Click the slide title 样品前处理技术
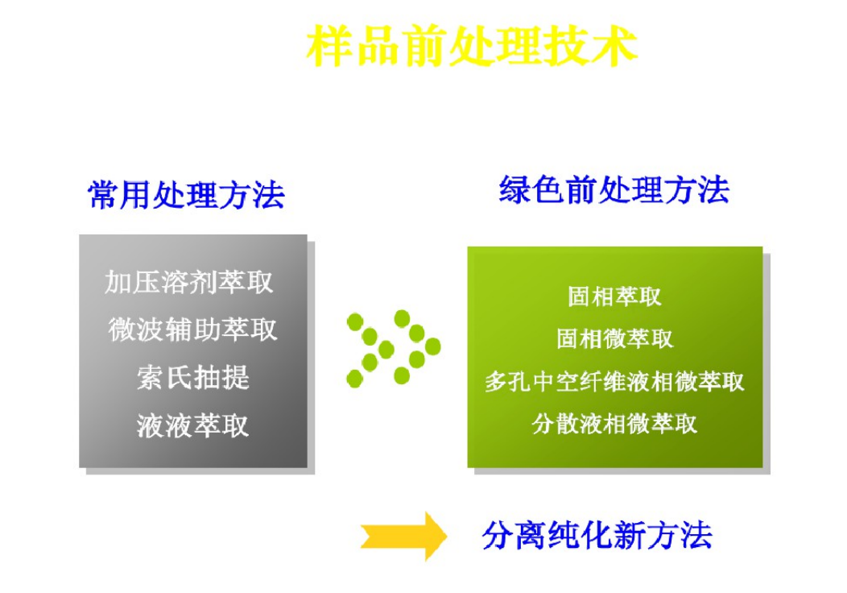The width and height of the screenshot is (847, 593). pos(472,46)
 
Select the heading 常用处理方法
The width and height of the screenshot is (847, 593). pos(186,195)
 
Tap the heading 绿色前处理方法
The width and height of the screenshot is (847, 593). pos(614,191)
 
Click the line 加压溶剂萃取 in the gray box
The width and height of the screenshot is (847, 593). pos(189,282)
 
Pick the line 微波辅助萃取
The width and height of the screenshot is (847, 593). pos(192,330)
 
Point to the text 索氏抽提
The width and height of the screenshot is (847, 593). pos(193,377)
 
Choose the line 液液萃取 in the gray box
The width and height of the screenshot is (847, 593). pos(193,425)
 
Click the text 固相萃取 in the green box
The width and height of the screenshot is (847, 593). pos(614,296)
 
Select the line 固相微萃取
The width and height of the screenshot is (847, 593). pos(614,338)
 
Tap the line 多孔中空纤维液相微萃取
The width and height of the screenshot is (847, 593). pos(614,381)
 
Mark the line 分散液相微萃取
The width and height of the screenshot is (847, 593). pos(614,423)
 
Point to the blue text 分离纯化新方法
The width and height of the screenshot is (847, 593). pos(597,535)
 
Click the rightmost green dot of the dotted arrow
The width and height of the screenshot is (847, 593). pos(432,346)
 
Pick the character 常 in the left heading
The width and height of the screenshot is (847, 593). pos(103,195)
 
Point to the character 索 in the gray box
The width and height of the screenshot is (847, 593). pos(151,377)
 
